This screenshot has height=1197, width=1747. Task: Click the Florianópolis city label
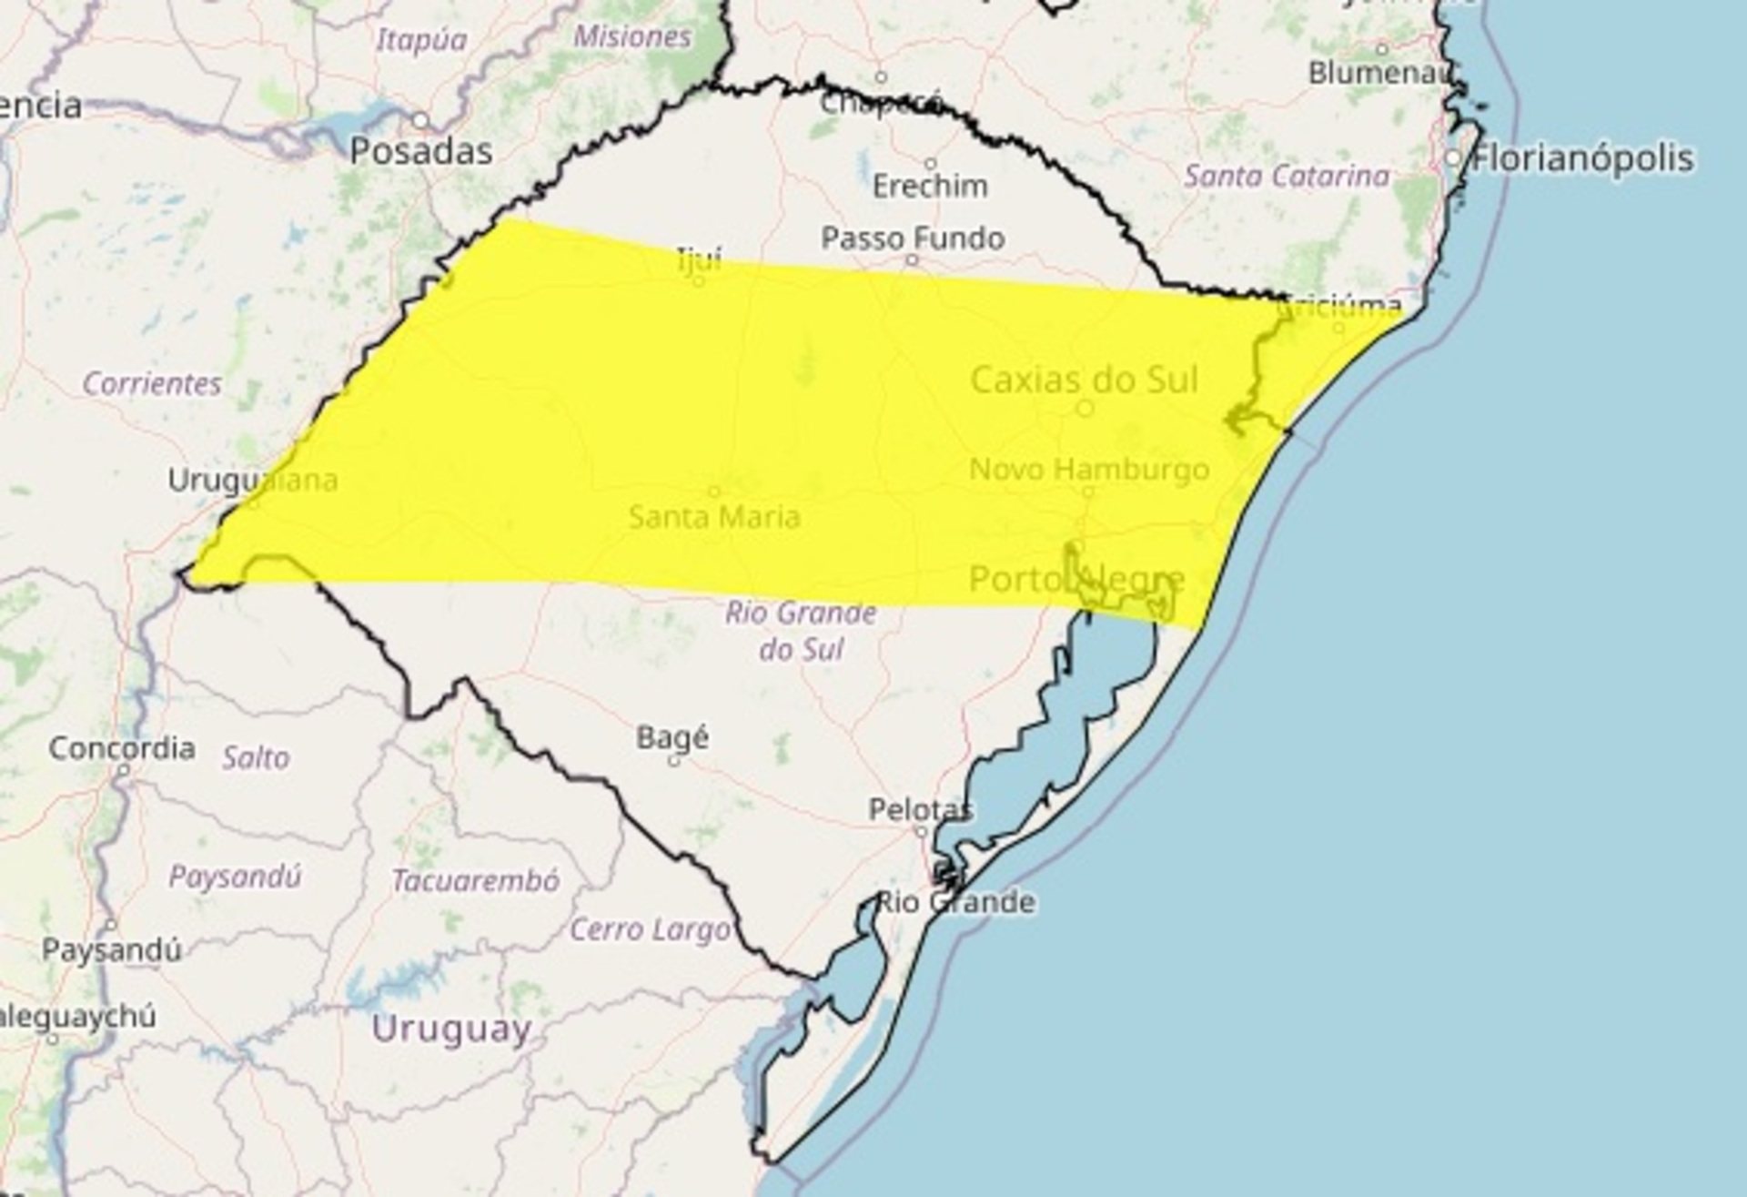pos(1583,158)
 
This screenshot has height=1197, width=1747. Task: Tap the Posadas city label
pos(421,151)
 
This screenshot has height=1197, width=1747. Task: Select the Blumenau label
pos(1377,73)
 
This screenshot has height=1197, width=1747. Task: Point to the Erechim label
pos(930,187)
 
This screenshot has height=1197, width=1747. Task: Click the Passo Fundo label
pos(913,238)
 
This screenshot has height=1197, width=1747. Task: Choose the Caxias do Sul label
pos(1085,380)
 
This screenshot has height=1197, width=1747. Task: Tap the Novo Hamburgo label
pos(1089,470)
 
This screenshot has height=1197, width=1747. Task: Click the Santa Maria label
pos(714,517)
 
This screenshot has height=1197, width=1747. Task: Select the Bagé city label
pos(672,736)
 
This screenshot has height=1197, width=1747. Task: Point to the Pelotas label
pos(921,808)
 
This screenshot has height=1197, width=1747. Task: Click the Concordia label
pos(122,748)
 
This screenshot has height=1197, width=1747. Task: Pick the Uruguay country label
pos(451,1029)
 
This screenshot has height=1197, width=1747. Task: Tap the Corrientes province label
pos(152,383)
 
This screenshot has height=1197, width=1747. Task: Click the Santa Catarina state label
pos(1287,176)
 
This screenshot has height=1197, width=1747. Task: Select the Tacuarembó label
pos(476,880)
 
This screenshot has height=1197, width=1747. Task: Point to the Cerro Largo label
pos(650,929)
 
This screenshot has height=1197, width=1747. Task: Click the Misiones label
pos(633,36)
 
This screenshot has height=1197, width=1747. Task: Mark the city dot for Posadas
pos(420,120)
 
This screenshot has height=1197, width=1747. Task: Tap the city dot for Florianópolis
pos(1453,158)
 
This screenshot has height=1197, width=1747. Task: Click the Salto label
pos(256,757)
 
